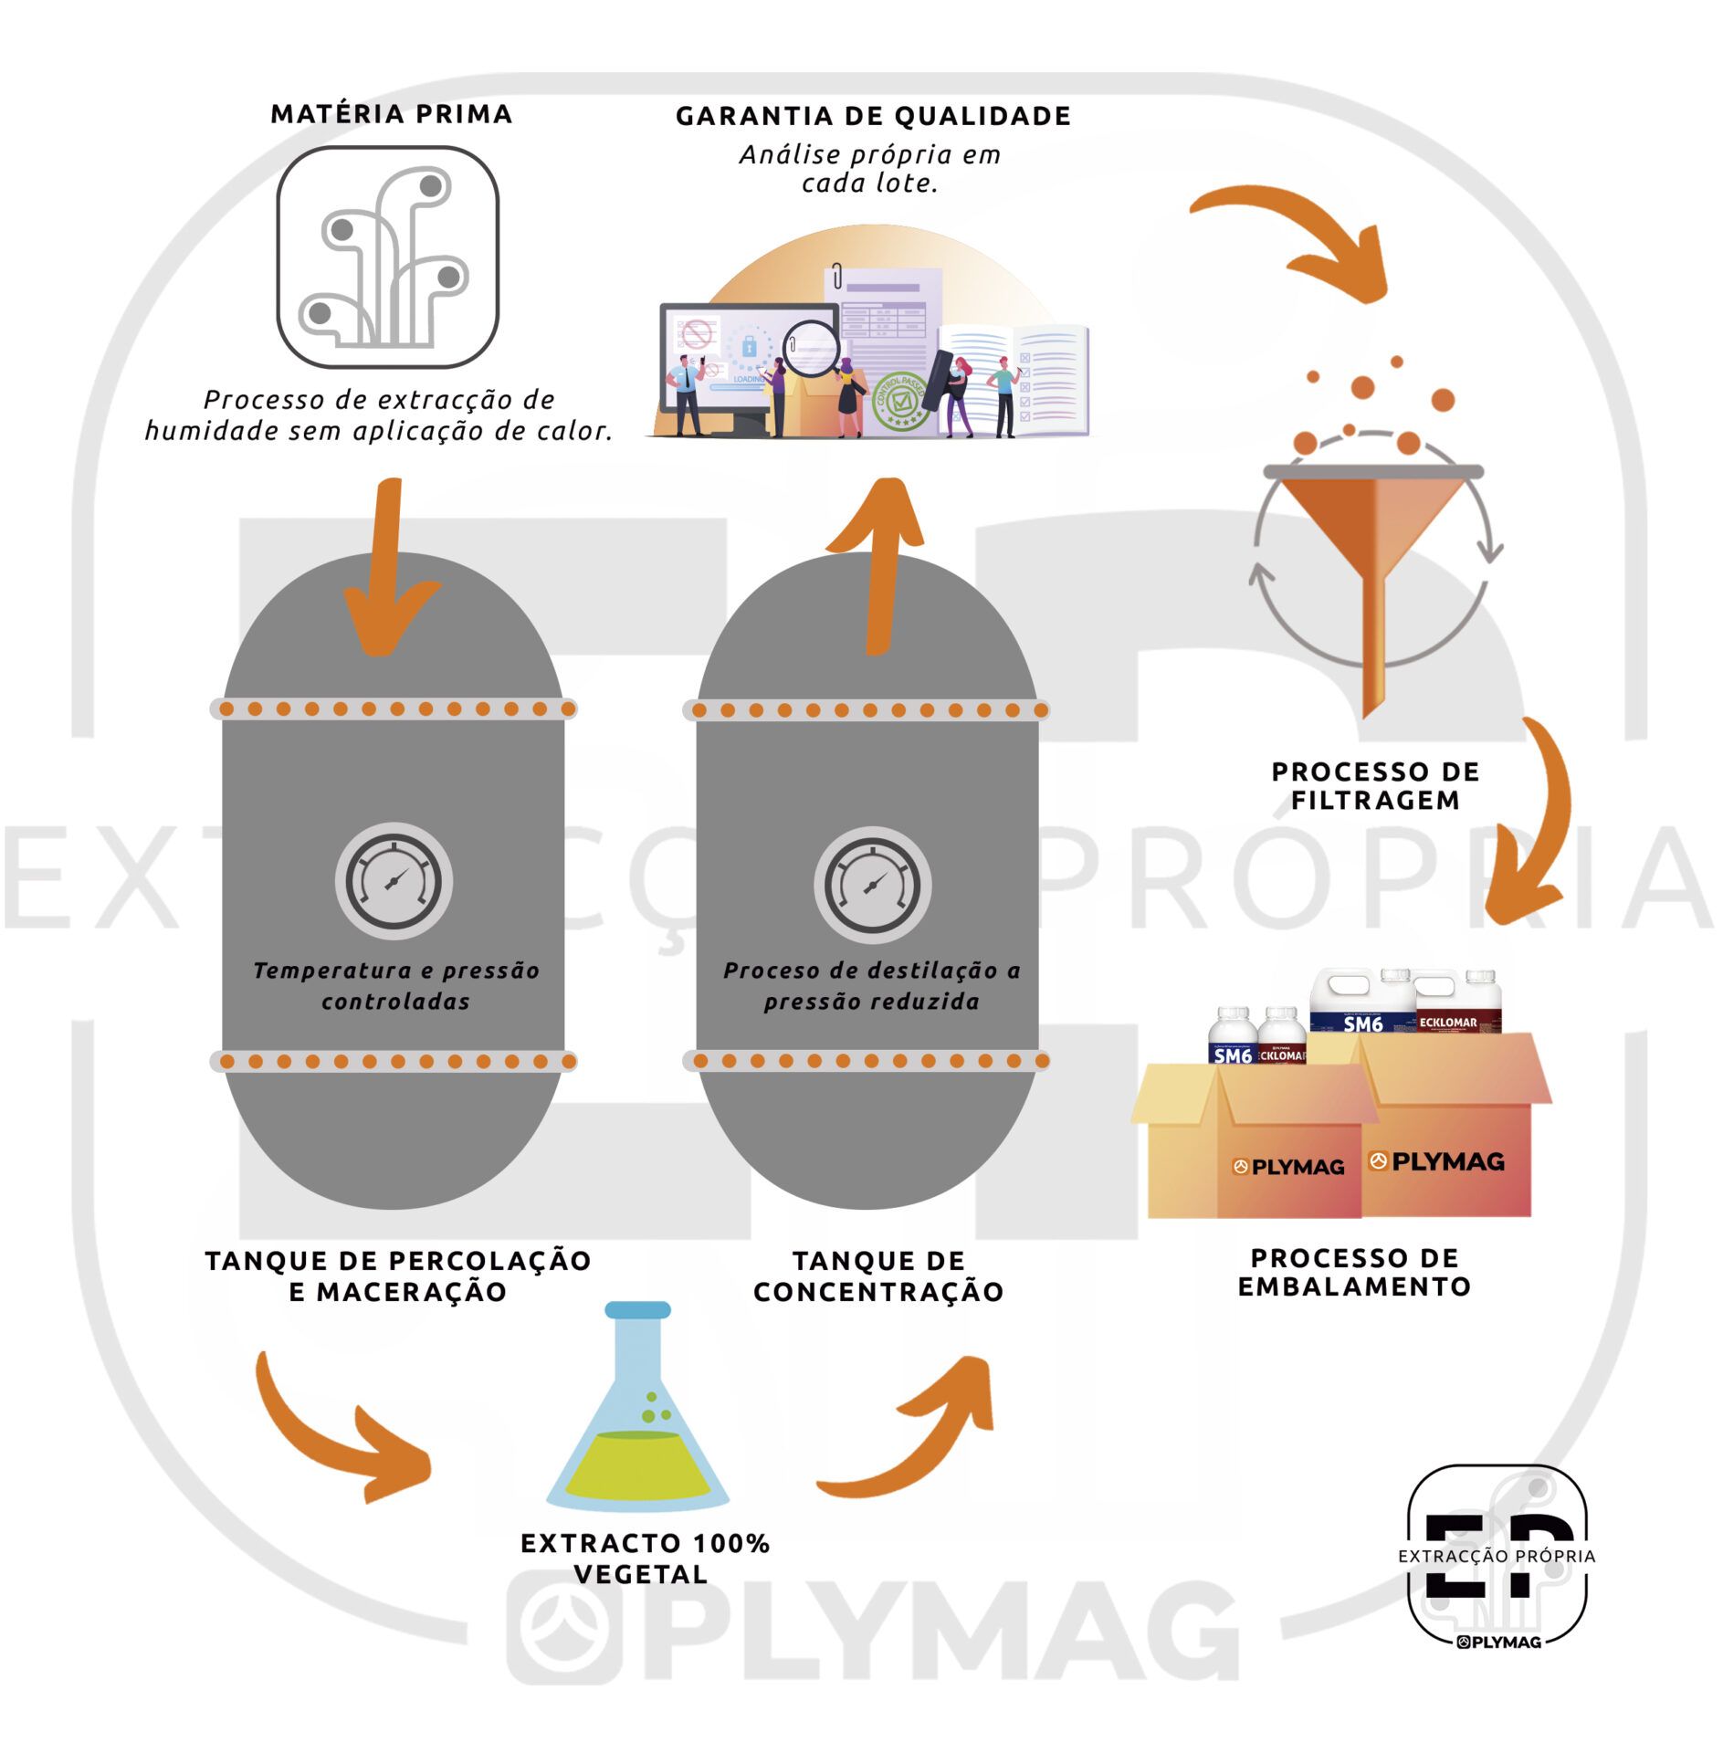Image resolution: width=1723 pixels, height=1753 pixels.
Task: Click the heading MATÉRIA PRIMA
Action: point(392,114)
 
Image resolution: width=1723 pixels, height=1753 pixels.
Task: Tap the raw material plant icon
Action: point(387,257)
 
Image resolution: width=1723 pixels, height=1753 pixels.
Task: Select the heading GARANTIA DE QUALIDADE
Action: point(873,116)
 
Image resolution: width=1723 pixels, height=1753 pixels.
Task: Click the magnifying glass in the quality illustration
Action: point(812,348)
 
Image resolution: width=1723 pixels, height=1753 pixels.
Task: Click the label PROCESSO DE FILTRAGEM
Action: point(1375,785)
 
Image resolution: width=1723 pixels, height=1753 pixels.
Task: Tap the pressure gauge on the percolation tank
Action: point(394,881)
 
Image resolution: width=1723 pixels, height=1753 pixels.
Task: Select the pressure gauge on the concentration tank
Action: point(872,884)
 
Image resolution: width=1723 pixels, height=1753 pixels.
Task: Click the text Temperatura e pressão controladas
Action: point(396,985)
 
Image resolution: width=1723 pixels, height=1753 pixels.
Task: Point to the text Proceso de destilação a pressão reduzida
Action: point(871,985)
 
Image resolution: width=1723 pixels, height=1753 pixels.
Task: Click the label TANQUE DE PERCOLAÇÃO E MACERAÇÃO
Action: point(398,1275)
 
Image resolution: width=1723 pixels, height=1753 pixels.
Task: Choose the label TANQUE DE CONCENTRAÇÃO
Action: point(878,1275)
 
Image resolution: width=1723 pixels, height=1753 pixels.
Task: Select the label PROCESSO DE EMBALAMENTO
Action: point(1354,1272)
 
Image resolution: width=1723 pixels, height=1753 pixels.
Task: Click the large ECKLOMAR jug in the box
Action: point(1458,1002)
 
